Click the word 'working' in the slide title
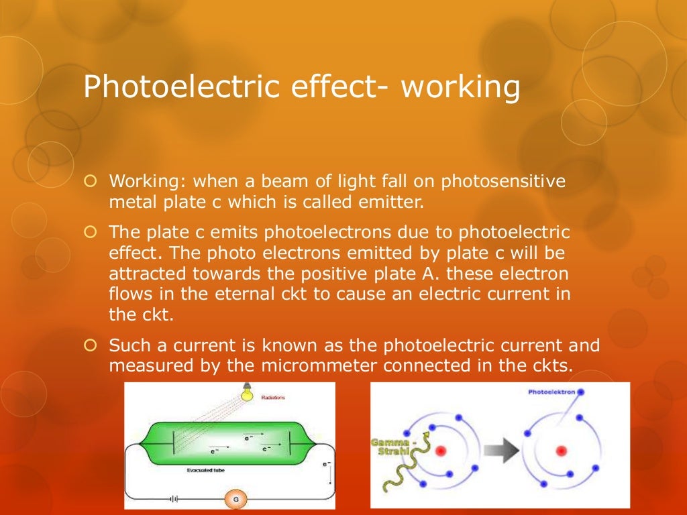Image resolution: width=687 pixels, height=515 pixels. coord(461,89)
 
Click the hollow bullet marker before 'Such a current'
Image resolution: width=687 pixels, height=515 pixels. coord(93,345)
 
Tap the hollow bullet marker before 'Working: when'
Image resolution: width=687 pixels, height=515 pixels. coord(93,182)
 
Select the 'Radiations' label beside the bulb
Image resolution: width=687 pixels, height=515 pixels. coord(272,398)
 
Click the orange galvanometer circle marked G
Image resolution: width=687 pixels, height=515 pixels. coord(235,499)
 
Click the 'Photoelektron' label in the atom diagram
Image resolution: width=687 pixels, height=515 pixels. coord(551,392)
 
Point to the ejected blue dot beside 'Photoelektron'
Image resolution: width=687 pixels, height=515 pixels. coord(582,392)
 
